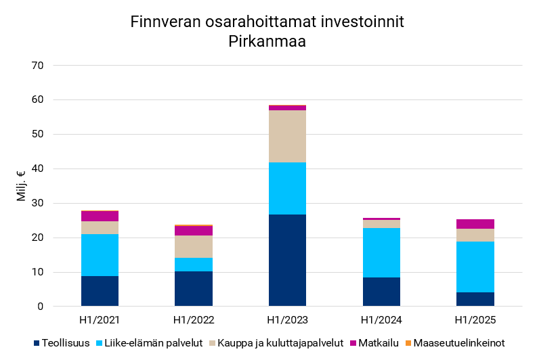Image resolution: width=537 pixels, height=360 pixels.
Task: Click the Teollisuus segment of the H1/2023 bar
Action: pos(287,261)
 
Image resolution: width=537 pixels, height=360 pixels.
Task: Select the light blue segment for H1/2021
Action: pos(100,255)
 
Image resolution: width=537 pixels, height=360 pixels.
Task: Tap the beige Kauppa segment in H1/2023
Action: pos(287,136)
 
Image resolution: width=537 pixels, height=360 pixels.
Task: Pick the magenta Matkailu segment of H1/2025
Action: pos(475,224)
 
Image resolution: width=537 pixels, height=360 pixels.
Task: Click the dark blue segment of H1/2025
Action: pos(475,299)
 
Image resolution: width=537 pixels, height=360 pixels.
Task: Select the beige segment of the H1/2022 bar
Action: pos(194,246)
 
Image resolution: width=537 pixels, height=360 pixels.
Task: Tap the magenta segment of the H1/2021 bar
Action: pos(100,216)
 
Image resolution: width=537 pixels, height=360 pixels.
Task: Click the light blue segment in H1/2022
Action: pos(194,265)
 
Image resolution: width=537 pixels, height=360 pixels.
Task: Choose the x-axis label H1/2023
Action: pos(287,319)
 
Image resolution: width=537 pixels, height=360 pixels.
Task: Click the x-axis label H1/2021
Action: pos(100,319)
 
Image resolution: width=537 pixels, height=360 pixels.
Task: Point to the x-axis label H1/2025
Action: pos(475,319)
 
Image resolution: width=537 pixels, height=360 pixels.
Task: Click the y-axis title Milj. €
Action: pos(21,186)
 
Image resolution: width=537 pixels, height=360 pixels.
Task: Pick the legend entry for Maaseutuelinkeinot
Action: pos(458,343)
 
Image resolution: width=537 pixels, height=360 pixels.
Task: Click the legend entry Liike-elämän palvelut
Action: pos(153,343)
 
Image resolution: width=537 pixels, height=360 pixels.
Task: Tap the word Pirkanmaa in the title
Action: pos(267,42)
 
